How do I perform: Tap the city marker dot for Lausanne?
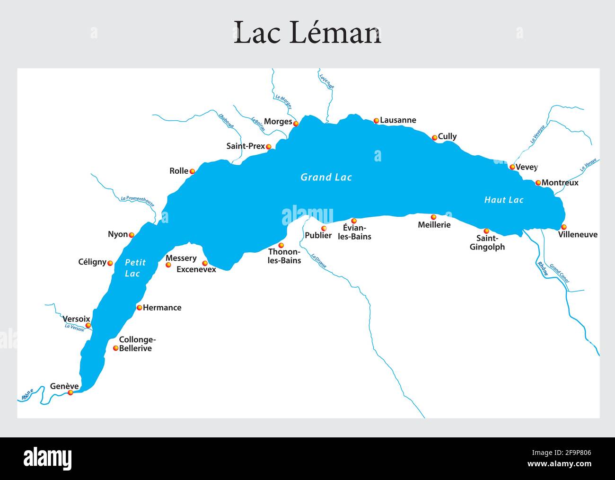(x=376, y=121)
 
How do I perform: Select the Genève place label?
(x=64, y=386)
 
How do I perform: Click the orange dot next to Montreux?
(x=538, y=183)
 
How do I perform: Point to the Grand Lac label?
(x=326, y=177)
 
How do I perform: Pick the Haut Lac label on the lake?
(x=504, y=200)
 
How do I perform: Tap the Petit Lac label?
(x=134, y=268)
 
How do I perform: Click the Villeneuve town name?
(x=578, y=234)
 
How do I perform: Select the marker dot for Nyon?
(x=132, y=235)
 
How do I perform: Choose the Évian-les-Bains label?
(x=354, y=232)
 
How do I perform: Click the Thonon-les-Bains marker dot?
(x=281, y=245)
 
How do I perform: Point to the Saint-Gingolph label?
(x=487, y=243)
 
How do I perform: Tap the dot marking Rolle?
(x=192, y=171)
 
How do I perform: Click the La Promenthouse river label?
(x=137, y=201)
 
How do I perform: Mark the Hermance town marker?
(x=139, y=308)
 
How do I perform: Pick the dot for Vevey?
(x=512, y=167)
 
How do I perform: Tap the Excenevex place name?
(x=196, y=269)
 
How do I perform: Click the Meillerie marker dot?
(x=433, y=217)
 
